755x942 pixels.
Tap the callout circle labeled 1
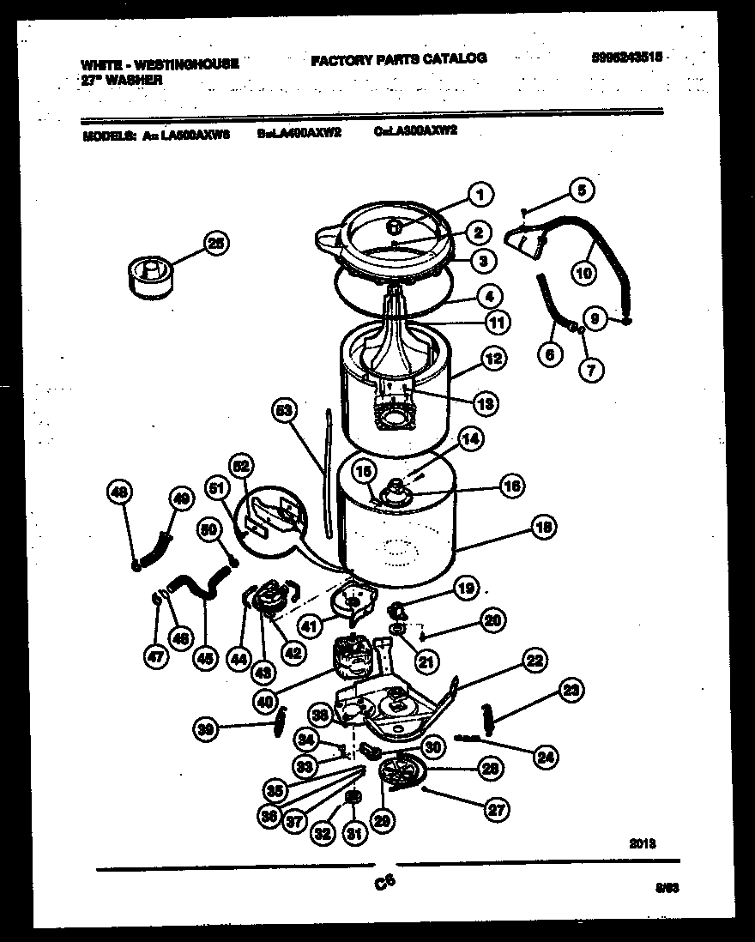[480, 196]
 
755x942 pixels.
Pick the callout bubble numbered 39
[204, 729]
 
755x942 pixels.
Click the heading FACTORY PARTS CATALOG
[398, 59]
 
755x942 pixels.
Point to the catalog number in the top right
[628, 58]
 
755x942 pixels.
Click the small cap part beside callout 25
[151, 276]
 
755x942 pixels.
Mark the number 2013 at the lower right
[643, 843]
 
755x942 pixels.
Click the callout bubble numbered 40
[266, 700]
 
